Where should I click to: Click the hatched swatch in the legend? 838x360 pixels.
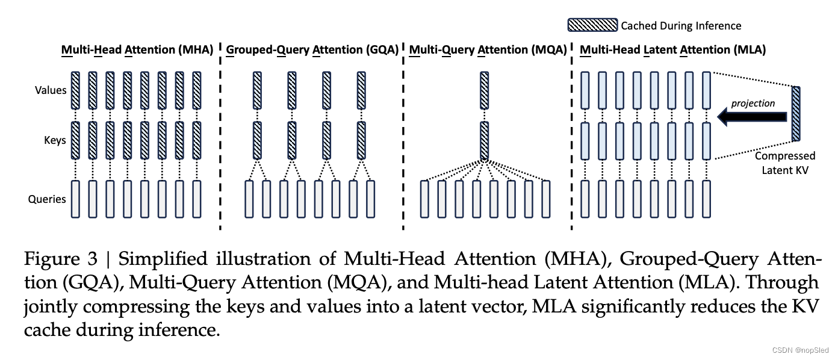click(592, 25)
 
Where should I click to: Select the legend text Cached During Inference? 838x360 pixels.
click(681, 25)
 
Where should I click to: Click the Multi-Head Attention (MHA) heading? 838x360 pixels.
click(137, 50)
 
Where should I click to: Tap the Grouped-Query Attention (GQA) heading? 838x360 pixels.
click(312, 50)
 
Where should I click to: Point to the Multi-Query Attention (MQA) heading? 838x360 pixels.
click(488, 50)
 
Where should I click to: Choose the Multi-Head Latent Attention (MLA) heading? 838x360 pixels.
click(672, 50)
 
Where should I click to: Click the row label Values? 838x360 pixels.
click(51, 90)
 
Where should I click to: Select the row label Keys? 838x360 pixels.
click(55, 141)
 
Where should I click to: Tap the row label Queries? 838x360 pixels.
click(47, 199)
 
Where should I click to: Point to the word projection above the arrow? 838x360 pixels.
click(753, 103)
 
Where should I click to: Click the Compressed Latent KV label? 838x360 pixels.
click(785, 163)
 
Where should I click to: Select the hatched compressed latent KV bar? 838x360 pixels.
click(796, 112)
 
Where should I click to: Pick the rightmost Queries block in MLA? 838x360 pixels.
click(706, 199)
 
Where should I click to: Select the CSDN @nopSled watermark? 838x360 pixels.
click(800, 350)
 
